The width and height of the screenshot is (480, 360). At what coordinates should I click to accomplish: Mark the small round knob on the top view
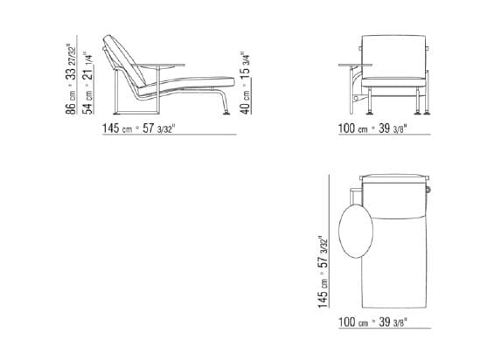[429, 187]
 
